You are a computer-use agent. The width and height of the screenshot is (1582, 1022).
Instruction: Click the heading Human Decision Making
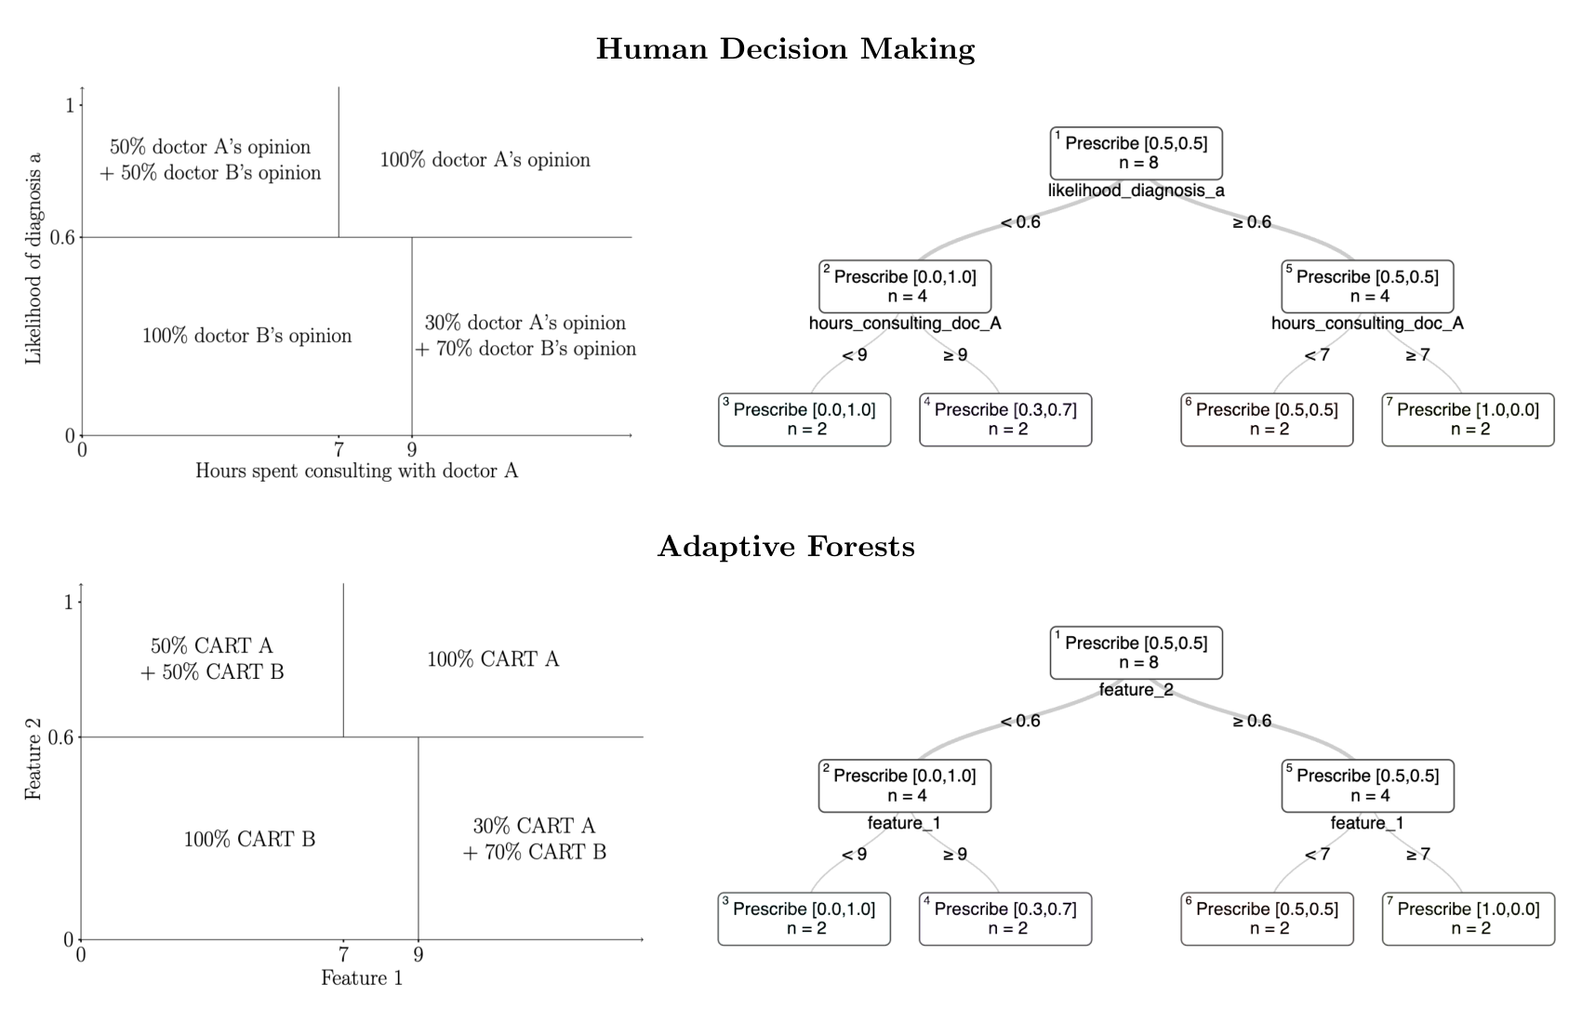tap(786, 49)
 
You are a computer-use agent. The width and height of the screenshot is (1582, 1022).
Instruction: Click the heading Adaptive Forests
tap(786, 547)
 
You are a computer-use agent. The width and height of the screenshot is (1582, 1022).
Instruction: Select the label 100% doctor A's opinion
tap(485, 160)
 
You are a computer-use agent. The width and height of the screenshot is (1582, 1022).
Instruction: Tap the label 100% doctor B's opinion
tap(246, 336)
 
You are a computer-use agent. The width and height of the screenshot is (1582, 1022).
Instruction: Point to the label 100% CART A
tap(493, 659)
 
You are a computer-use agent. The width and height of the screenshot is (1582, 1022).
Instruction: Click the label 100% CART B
tap(249, 840)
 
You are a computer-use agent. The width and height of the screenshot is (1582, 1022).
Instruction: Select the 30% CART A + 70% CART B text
tap(535, 839)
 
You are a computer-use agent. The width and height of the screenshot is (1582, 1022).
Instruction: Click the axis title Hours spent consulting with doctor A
tap(356, 471)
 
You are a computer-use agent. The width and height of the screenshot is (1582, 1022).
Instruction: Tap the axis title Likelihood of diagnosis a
tap(33, 259)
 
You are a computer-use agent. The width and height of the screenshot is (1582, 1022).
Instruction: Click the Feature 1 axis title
tap(362, 978)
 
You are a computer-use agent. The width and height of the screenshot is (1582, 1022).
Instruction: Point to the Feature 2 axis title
tap(33, 759)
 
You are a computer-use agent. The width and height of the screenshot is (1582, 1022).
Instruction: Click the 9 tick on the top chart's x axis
tap(412, 451)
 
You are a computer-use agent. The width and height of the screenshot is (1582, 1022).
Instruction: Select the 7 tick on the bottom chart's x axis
tap(343, 955)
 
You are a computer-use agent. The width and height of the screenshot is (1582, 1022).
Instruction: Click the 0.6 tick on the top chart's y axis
tap(62, 237)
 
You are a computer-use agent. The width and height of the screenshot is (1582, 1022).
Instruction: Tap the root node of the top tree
tap(1136, 153)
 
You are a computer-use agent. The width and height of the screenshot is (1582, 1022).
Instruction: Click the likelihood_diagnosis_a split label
tap(1136, 191)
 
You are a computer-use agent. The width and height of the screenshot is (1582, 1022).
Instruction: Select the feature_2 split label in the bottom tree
tap(1136, 690)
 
